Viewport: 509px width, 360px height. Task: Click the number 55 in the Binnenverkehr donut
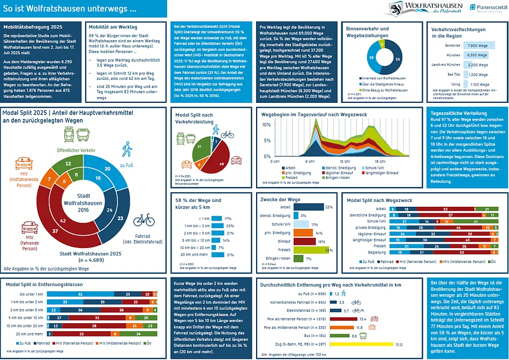point(397,59)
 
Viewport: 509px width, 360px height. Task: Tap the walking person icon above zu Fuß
point(127,149)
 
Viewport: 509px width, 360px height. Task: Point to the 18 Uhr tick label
point(380,161)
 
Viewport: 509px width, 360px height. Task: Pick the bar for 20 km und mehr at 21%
point(216,255)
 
